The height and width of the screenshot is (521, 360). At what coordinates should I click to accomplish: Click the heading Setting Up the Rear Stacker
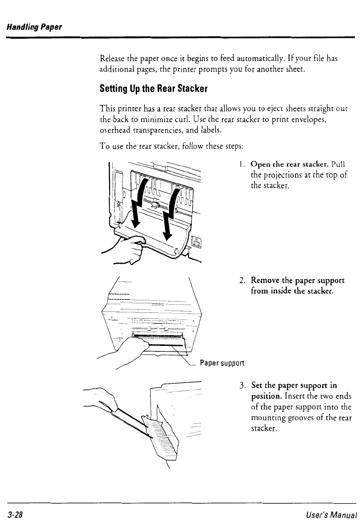154,89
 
